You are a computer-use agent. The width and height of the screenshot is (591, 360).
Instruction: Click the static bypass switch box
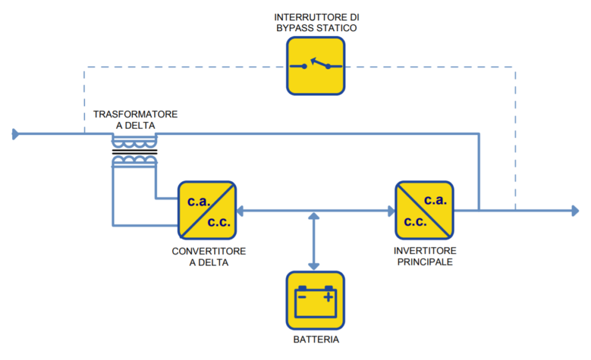point(316,66)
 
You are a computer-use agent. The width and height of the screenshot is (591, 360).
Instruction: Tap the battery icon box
point(316,301)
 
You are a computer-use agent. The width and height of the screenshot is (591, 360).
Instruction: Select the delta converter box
point(207,210)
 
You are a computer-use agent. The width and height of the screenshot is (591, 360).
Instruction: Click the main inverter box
point(424,210)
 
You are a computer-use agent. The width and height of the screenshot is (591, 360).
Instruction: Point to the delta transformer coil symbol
point(134,152)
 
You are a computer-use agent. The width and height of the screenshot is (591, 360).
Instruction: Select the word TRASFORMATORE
point(135,114)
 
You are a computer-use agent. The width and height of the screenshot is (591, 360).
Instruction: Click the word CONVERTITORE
point(209,251)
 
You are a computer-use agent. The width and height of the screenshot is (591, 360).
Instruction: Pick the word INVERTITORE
point(425,251)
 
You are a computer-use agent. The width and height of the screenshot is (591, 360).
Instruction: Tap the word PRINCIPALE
point(425,262)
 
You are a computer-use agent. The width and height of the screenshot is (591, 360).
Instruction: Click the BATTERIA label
point(316,340)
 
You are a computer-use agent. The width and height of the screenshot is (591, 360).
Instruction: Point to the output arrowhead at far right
point(575,211)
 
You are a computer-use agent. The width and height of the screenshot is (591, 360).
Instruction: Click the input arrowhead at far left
point(16,134)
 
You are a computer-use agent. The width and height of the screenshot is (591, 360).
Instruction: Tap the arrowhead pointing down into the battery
point(313,267)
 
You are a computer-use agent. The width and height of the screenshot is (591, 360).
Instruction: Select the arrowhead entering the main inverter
point(391,211)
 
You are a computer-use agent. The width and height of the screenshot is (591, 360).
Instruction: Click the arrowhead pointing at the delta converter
point(240,211)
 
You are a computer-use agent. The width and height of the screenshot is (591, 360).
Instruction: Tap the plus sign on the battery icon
point(328,298)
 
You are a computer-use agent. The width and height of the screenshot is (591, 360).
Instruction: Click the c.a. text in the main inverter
point(435,200)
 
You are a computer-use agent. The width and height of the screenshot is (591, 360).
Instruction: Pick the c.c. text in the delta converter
point(219,222)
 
